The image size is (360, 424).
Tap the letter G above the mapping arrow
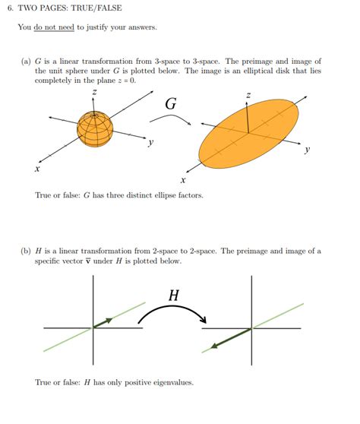171,104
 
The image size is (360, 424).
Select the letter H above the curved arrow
173,296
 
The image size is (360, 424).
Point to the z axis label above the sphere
94,92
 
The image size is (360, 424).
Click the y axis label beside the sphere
151,142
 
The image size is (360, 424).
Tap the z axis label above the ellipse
248,95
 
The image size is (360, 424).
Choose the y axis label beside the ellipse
307,150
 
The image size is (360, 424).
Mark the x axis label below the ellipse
183,181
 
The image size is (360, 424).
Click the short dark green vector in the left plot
103,323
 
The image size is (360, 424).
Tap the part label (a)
27,61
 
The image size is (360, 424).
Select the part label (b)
27,251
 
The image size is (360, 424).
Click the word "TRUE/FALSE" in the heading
96,8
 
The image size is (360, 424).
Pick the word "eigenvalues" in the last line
172,382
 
